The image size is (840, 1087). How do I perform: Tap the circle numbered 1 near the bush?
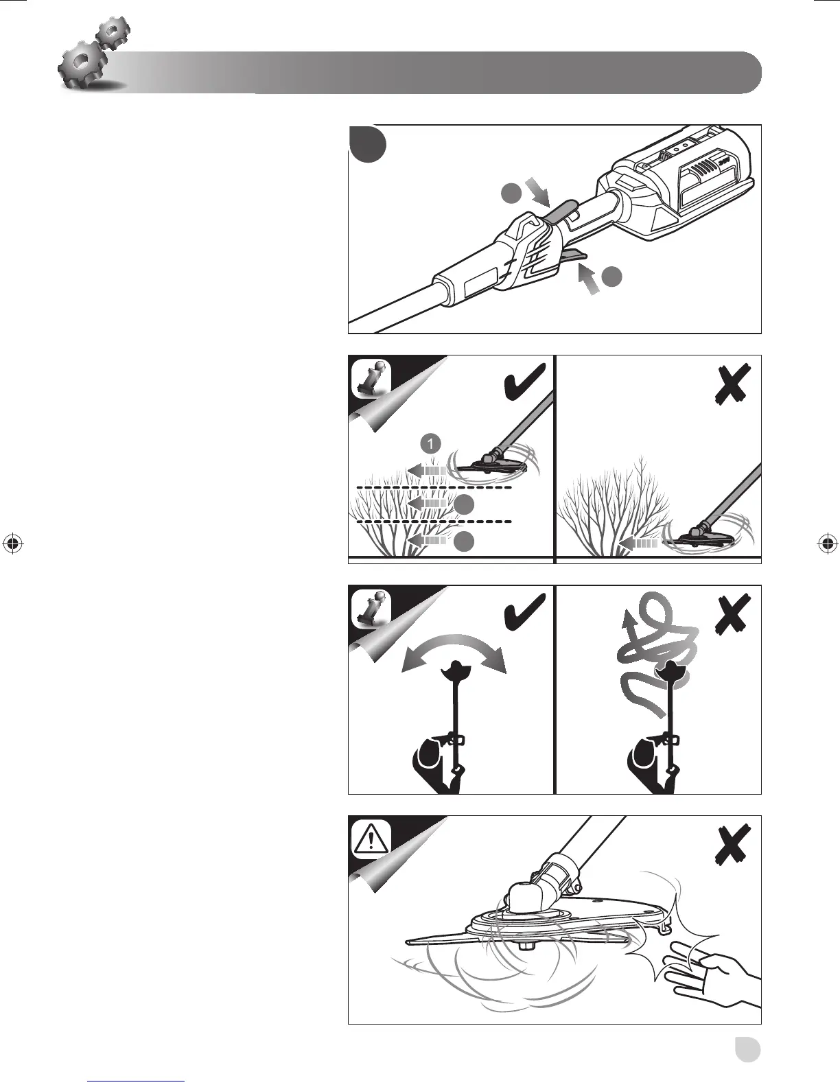tap(430, 444)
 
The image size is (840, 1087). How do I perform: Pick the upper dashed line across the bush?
tap(434, 487)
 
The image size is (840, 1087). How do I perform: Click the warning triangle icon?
tap(371, 839)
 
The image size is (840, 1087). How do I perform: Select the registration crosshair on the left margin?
tap(12, 543)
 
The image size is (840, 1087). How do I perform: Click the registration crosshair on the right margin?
tap(828, 543)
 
